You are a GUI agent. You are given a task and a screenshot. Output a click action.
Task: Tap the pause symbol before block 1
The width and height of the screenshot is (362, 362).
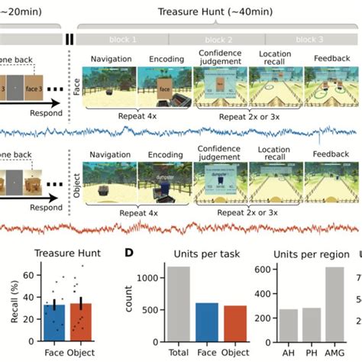tap(69, 39)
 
